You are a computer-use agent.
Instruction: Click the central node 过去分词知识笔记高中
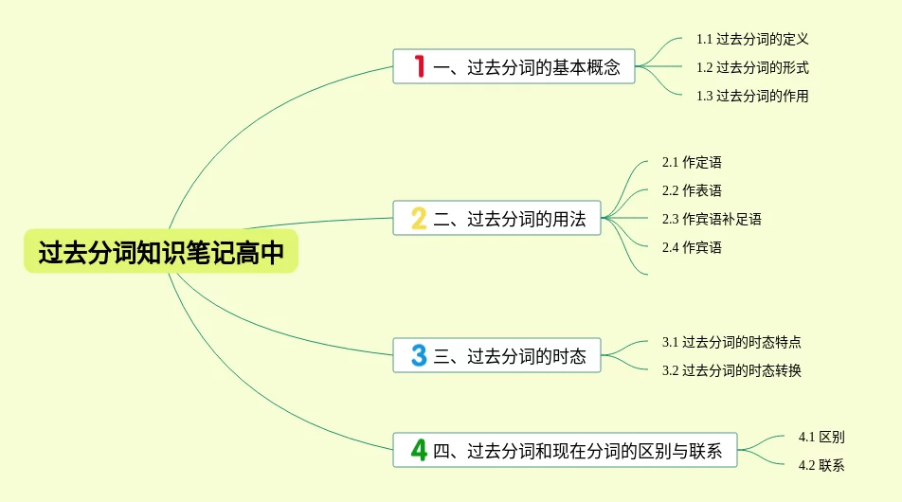(161, 253)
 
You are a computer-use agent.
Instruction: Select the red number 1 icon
(419, 67)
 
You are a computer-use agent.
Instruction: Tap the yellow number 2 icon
(419, 220)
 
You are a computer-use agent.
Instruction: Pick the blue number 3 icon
(419, 356)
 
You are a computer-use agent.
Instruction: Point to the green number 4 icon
(419, 451)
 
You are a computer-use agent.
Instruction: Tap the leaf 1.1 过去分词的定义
(752, 40)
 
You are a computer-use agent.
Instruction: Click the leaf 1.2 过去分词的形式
(752, 67)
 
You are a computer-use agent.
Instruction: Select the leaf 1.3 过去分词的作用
(752, 96)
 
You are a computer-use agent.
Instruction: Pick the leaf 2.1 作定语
(692, 162)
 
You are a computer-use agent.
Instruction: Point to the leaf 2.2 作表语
(692, 190)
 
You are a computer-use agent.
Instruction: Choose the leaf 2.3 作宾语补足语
(712, 219)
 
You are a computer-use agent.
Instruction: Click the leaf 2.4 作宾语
(692, 247)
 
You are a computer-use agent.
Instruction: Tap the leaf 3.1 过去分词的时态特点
(731, 342)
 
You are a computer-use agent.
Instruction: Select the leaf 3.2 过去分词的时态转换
(731, 370)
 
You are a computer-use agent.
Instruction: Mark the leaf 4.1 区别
(821, 437)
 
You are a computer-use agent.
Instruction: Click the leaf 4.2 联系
(821, 465)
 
